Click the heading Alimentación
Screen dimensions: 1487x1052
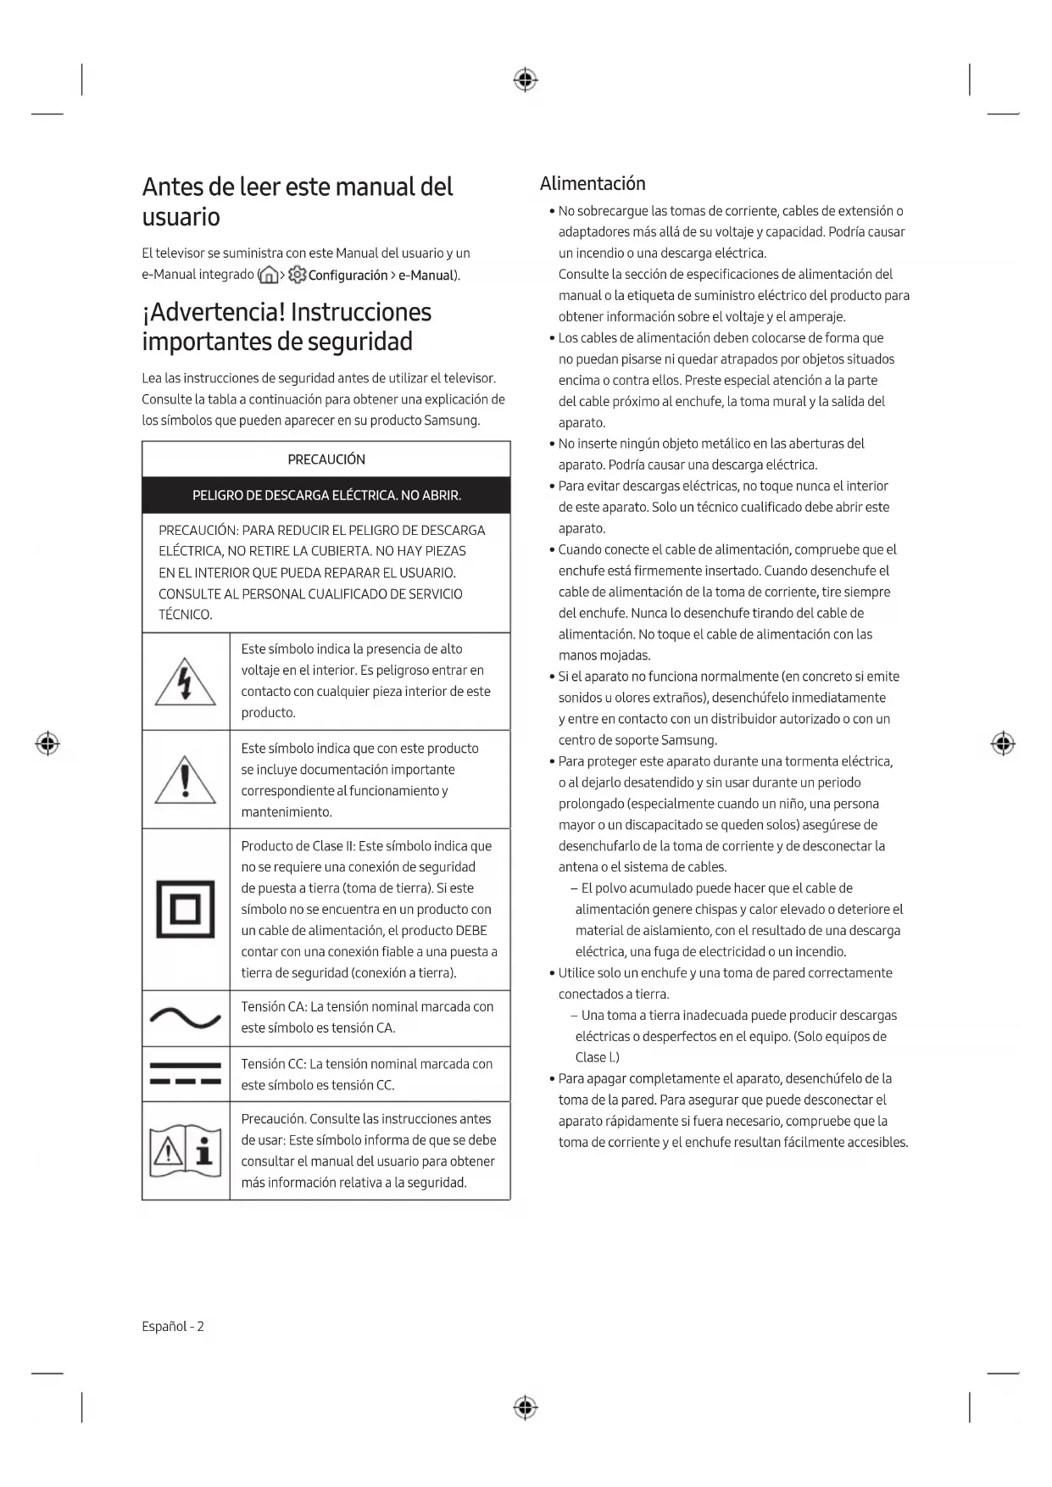(x=593, y=184)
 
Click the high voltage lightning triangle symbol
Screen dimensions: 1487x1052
(x=185, y=682)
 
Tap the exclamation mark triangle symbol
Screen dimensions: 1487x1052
(x=185, y=780)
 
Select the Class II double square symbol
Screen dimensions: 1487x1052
(x=186, y=910)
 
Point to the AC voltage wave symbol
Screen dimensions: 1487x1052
(x=185, y=1017)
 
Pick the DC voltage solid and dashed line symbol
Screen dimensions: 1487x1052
(x=185, y=1074)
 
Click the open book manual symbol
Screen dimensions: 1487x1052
(x=185, y=1151)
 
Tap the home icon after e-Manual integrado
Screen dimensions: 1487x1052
(x=268, y=276)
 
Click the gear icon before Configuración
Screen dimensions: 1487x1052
(x=298, y=275)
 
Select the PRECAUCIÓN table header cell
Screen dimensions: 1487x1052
(x=326, y=459)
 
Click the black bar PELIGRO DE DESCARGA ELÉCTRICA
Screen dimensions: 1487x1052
(x=326, y=495)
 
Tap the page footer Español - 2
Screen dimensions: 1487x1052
(x=173, y=1327)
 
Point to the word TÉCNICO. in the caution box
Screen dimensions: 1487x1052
(x=185, y=615)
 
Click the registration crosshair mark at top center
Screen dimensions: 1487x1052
(x=526, y=81)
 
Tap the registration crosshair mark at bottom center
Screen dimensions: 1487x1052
(x=526, y=1407)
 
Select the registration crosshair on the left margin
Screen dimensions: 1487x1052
(x=47, y=744)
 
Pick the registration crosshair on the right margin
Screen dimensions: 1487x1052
(x=1003, y=744)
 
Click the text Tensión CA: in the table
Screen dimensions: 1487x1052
(x=274, y=1007)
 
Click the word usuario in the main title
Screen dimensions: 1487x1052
(x=181, y=217)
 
